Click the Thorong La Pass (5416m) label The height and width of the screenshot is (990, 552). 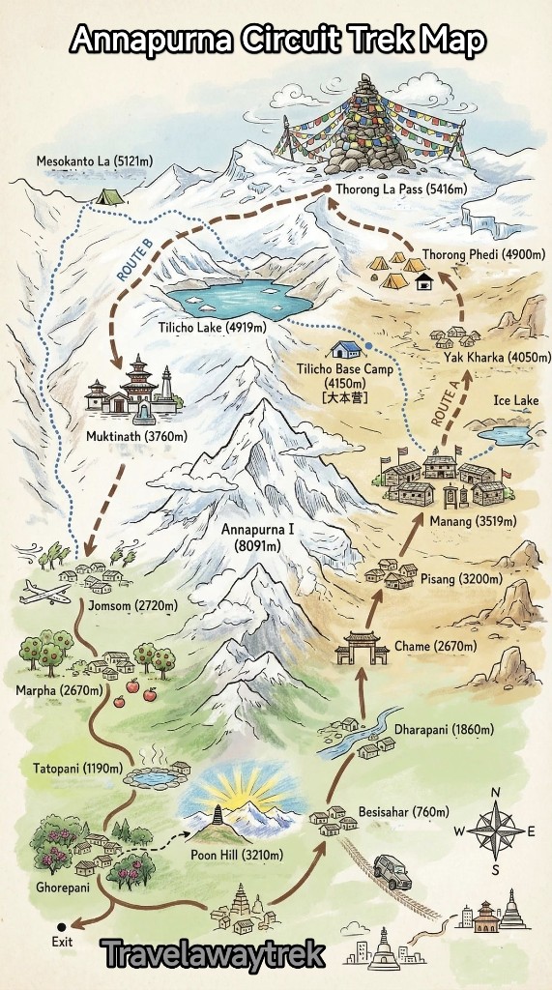click(401, 189)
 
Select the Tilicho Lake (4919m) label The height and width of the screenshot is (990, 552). click(212, 328)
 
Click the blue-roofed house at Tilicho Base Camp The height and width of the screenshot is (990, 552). click(344, 349)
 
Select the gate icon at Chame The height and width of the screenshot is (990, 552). click(362, 647)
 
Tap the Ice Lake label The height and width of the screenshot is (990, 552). click(514, 400)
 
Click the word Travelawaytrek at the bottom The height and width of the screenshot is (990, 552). click(212, 954)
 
